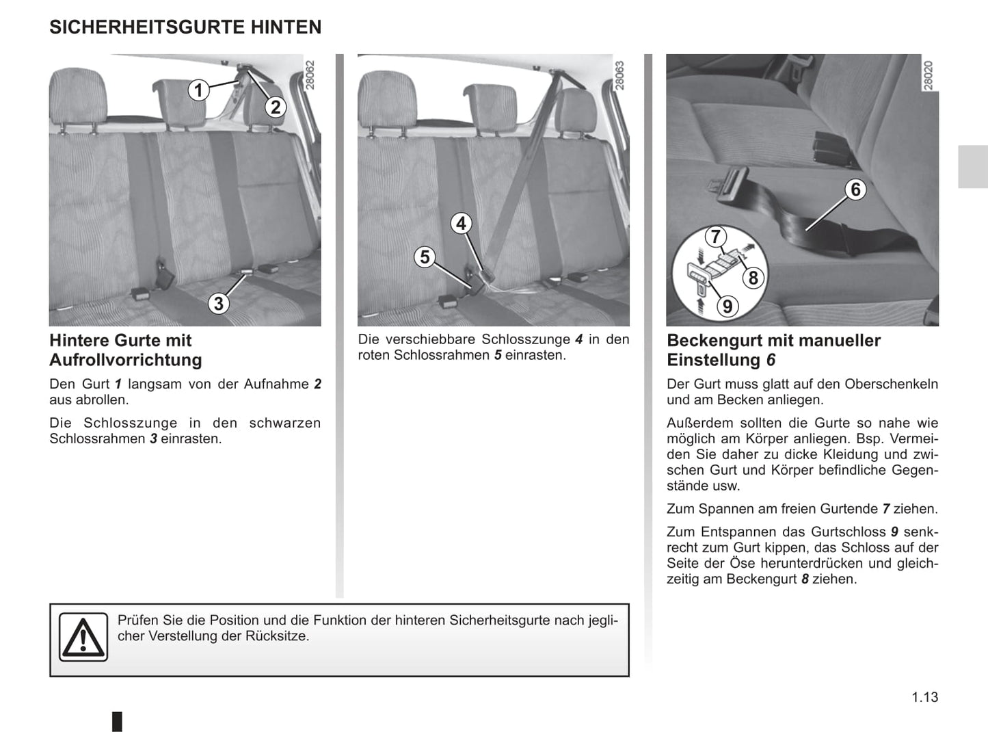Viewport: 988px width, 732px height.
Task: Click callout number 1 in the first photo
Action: pyautogui.click(x=198, y=90)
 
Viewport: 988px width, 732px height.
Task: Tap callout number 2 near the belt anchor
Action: pyautogui.click(x=276, y=107)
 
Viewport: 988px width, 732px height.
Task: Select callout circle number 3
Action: pyautogui.click(x=218, y=303)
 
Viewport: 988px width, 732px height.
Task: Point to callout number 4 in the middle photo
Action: pyautogui.click(x=462, y=223)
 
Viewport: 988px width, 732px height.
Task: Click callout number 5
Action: pyautogui.click(x=425, y=257)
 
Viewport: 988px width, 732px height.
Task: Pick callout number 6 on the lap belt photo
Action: pyautogui.click(x=855, y=189)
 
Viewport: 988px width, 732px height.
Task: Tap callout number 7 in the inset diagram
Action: pyautogui.click(x=715, y=237)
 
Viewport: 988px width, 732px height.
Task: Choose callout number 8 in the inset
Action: pyautogui.click(x=753, y=277)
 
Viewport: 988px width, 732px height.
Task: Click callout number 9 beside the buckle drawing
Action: pyautogui.click(x=727, y=306)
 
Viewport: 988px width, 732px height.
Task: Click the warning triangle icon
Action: pyautogui.click(x=83, y=638)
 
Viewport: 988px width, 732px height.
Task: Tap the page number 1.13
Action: pyautogui.click(x=924, y=697)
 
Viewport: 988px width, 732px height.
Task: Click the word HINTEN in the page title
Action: pyautogui.click(x=285, y=27)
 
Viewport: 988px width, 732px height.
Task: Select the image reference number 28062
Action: pyautogui.click(x=311, y=75)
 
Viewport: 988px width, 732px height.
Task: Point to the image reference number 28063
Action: pyautogui.click(x=620, y=75)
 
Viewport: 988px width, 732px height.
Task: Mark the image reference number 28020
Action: pyautogui.click(x=929, y=75)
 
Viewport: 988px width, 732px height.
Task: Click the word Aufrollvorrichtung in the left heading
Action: pyautogui.click(x=126, y=360)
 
